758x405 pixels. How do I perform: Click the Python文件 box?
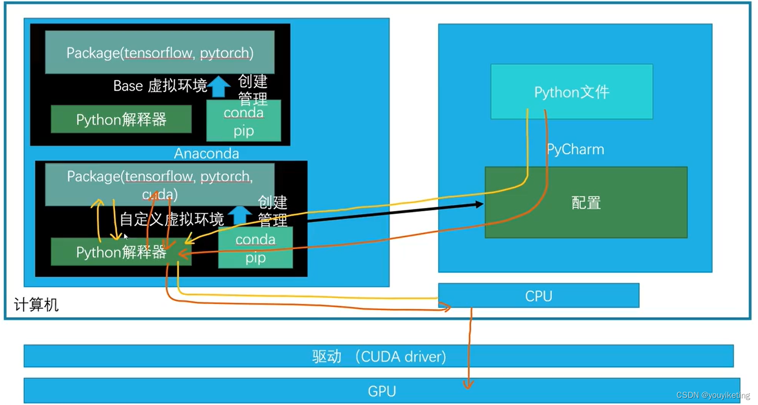coord(572,91)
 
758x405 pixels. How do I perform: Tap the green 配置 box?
coord(586,202)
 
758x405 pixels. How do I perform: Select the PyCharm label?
coord(575,149)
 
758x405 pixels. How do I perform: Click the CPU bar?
coord(538,295)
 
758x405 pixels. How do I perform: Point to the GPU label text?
coord(382,391)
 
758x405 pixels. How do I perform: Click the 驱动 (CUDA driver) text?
coord(379,356)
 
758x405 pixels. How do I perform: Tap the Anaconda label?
coord(206,154)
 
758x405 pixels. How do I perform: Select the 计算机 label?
coord(36,305)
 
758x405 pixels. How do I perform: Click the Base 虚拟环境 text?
coord(160,86)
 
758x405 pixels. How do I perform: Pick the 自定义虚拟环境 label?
coord(172,219)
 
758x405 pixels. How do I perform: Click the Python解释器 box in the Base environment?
coord(121,119)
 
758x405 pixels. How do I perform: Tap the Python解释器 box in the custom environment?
coord(121,252)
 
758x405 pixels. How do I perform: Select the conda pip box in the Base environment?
coord(243,120)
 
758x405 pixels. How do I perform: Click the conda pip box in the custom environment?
coord(256,248)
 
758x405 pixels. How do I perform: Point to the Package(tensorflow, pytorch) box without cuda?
coord(160,52)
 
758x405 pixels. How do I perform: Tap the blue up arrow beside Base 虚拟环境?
coord(219,87)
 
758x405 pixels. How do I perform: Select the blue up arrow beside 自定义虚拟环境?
coord(239,214)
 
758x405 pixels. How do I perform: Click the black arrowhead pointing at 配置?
coord(479,204)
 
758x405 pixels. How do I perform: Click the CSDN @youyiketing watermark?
coord(713,395)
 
